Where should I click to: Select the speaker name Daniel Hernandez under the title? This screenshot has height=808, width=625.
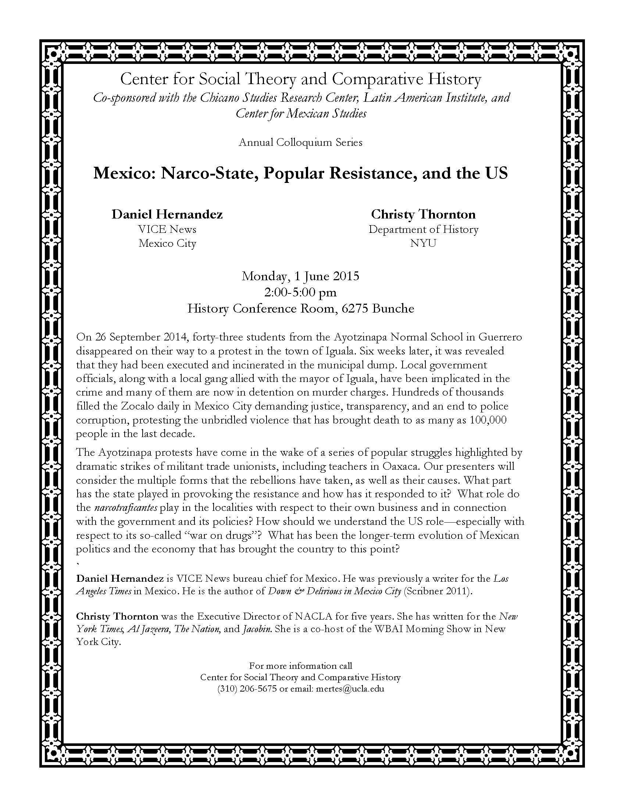click(x=167, y=214)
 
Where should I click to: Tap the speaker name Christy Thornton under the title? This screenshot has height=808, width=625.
click(x=423, y=214)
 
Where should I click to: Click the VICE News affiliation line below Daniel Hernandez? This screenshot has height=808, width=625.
click(x=167, y=230)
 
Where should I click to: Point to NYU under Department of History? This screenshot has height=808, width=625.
click(x=423, y=244)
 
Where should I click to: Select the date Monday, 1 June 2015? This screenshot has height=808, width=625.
click(x=300, y=276)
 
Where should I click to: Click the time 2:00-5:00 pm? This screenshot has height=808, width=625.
click(x=300, y=292)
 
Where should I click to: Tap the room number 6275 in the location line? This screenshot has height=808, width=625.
click(x=356, y=308)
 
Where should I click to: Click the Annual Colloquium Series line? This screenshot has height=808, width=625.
click(x=300, y=143)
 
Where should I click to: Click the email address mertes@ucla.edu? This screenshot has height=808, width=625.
click(x=350, y=689)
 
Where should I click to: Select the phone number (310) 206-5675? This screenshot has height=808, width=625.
click(x=247, y=689)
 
